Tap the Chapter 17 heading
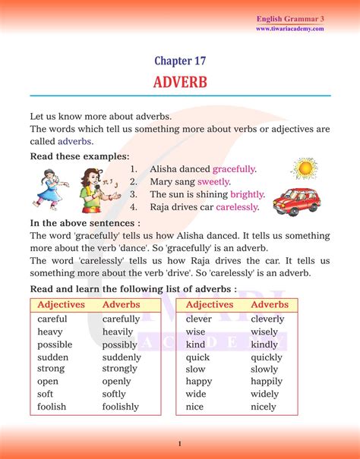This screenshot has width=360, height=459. pos(180,61)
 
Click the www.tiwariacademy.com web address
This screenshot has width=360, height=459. pos(289,29)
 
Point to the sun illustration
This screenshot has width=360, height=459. pos(305,168)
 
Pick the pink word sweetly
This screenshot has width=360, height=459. pos(213,181)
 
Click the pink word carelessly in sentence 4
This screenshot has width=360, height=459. pos(237,206)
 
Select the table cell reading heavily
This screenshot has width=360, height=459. pos(118,332)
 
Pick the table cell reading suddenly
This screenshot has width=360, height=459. pos(122,357)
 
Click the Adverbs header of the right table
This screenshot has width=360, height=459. pos(270,304)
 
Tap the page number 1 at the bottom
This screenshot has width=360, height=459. pos(179,443)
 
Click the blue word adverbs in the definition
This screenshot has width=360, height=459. pos(72,141)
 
